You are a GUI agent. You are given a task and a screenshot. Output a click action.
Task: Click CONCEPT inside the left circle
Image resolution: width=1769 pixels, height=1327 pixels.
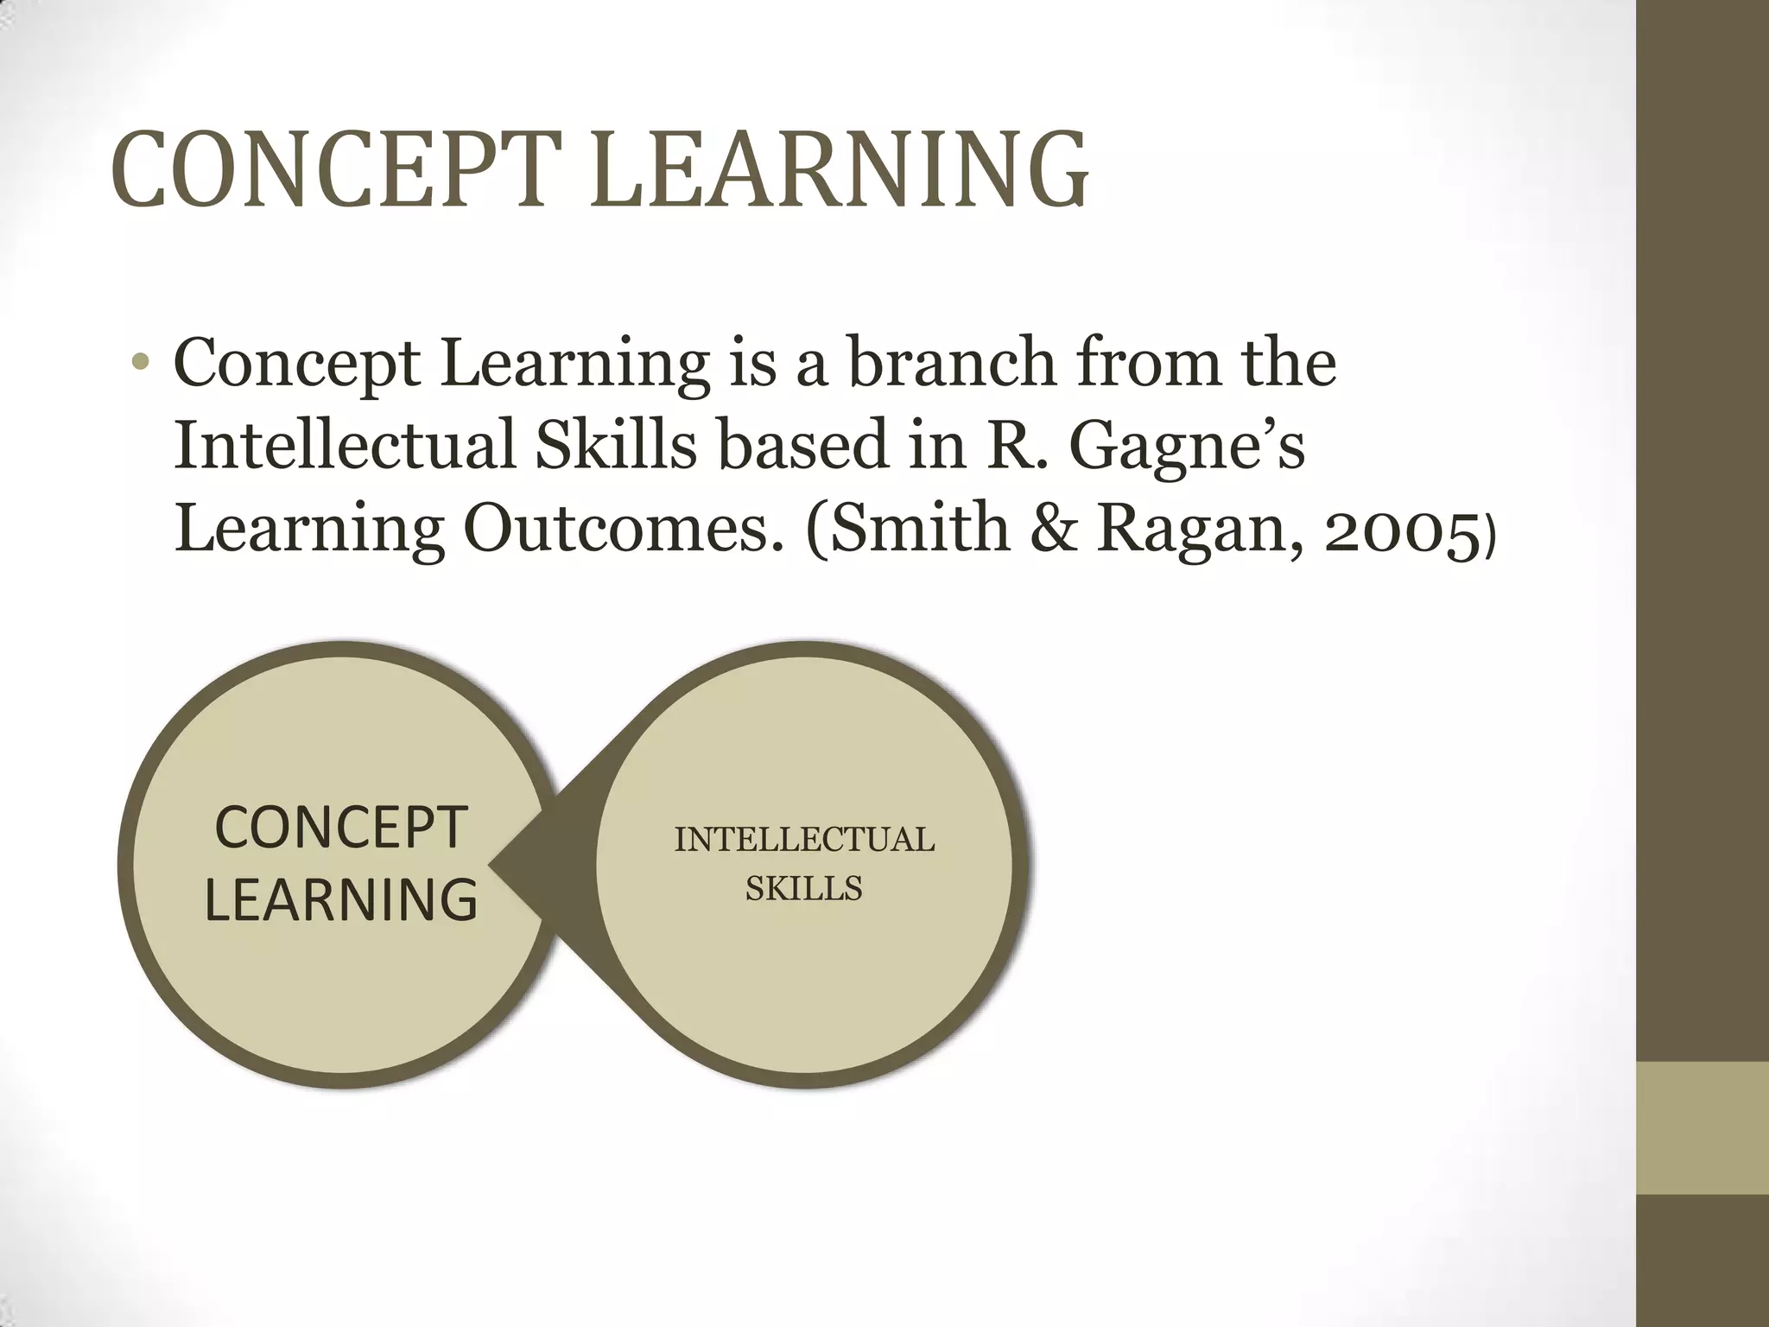340,828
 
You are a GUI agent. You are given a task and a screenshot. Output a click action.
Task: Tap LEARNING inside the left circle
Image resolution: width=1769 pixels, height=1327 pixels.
340,899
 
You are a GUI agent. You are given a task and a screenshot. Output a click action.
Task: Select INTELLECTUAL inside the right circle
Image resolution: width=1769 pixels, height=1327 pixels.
803,840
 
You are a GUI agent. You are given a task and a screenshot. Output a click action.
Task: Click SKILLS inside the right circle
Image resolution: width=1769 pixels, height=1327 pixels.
803,888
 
